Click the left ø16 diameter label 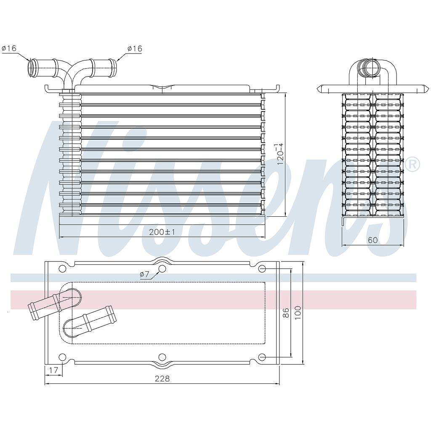(x=9, y=48)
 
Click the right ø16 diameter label (x=135, y=49)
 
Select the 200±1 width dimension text (x=162, y=232)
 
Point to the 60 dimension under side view (x=373, y=240)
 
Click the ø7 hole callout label (x=144, y=274)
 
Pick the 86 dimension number (x=286, y=312)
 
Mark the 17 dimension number (x=53, y=371)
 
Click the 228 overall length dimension (x=162, y=378)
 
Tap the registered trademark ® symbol (x=413, y=164)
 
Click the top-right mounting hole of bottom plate (x=262, y=269)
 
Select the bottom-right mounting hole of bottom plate (x=262, y=357)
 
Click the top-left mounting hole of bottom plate (x=62, y=269)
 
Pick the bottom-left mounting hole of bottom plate (x=62, y=357)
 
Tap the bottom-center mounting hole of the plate (x=162, y=357)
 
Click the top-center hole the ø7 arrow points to (x=162, y=269)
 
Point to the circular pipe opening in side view (x=372, y=69)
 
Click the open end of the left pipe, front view (x=31, y=69)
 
